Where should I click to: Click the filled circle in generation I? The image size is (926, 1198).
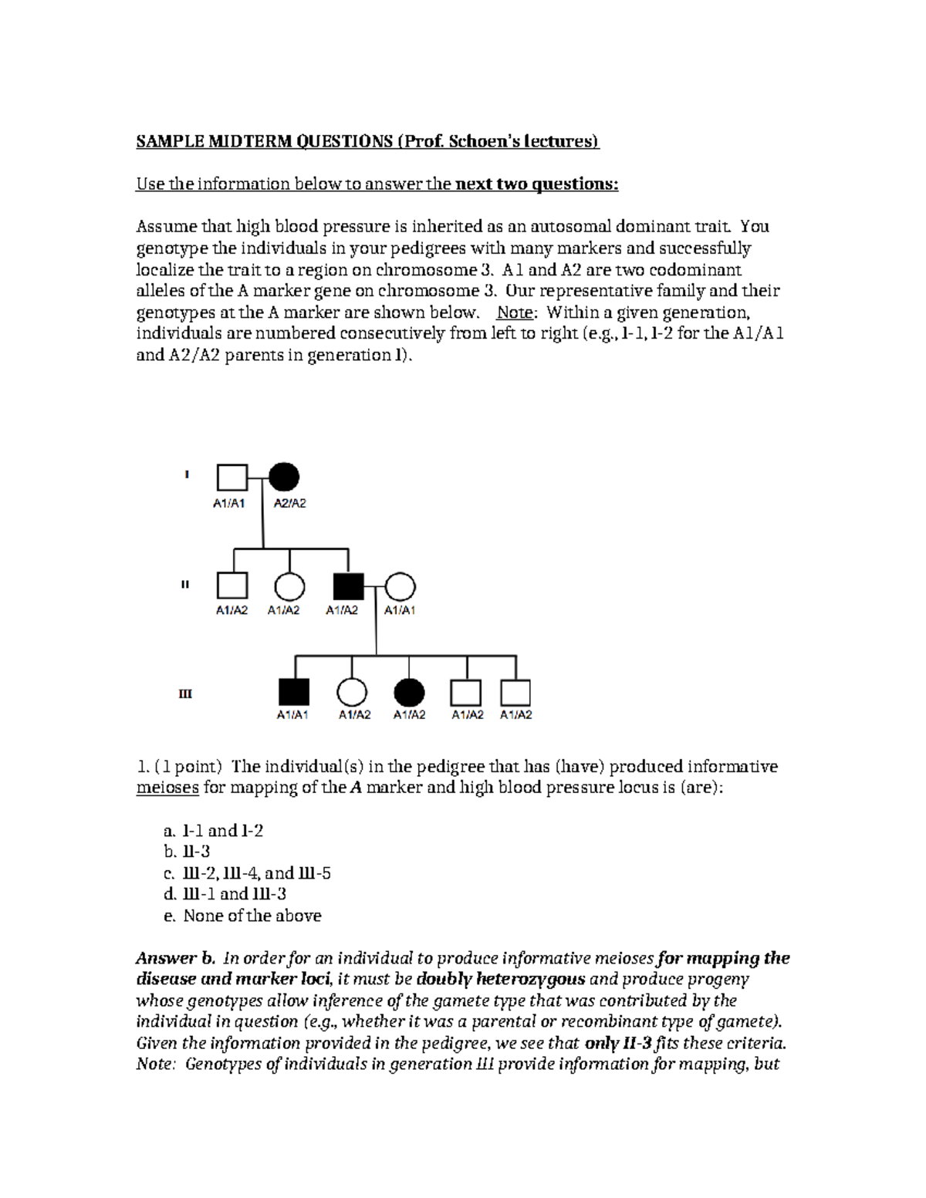point(285,478)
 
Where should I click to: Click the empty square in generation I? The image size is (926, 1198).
point(231,478)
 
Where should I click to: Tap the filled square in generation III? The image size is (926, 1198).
point(293,693)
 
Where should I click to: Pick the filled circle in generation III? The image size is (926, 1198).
point(408,693)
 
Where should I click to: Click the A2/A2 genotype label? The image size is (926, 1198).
point(290,504)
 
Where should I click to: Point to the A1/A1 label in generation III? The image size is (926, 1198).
point(292,715)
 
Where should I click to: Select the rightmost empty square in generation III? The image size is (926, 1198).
point(515,693)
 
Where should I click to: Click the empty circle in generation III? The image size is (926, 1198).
point(353,693)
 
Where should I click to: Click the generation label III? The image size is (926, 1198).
point(185,693)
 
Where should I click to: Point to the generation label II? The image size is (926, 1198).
point(185,585)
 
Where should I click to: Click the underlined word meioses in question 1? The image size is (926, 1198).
point(167,788)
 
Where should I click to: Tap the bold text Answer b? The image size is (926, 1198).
point(175,958)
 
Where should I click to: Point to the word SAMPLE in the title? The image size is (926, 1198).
point(166,141)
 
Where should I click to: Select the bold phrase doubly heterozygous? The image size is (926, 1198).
point(500,980)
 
